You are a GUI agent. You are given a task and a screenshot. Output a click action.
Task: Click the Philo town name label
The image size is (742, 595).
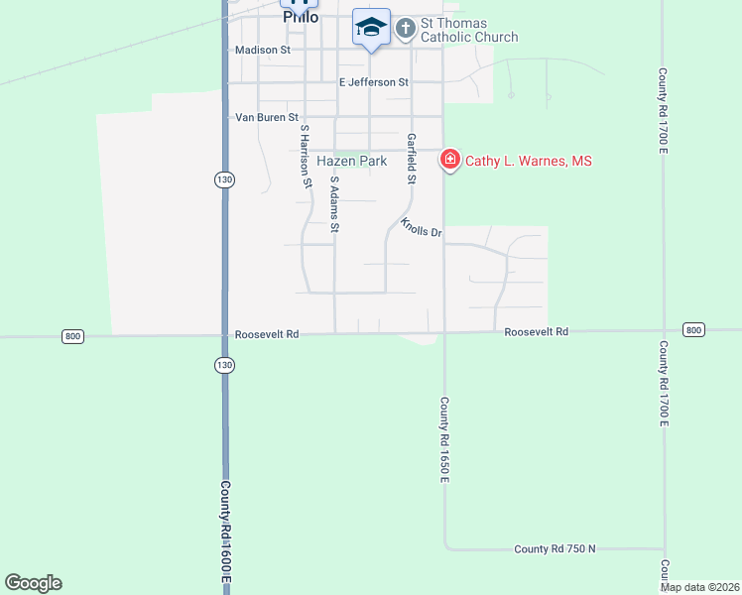click(x=301, y=17)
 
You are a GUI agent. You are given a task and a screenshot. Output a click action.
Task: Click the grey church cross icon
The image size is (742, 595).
click(x=405, y=28)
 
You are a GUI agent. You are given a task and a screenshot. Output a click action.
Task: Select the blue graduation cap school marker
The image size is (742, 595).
click(x=371, y=27)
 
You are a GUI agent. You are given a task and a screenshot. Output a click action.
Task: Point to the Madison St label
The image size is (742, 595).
click(x=262, y=50)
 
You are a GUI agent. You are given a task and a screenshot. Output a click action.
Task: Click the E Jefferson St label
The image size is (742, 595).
click(x=373, y=82)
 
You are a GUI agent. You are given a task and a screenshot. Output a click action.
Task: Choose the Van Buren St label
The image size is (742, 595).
click(x=266, y=117)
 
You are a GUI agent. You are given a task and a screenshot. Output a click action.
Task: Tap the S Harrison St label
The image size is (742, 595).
click(x=306, y=156)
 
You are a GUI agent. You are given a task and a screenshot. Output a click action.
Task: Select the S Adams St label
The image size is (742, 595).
click(x=335, y=204)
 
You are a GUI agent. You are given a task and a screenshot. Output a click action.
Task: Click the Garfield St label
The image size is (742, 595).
click(x=411, y=159)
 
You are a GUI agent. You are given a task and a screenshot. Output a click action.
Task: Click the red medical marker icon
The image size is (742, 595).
click(x=449, y=159)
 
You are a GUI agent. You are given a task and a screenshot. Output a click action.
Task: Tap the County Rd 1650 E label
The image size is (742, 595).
click(x=445, y=440)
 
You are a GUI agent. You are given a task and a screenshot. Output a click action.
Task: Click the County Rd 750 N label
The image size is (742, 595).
click(x=555, y=548)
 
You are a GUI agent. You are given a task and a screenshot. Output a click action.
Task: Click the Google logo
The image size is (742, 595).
click(x=33, y=583)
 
